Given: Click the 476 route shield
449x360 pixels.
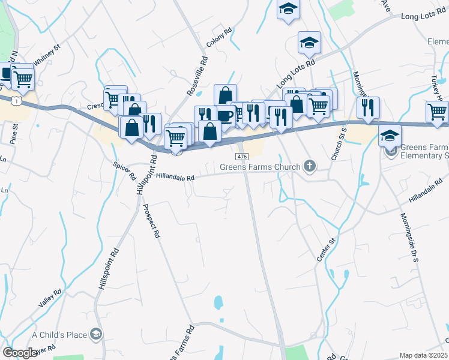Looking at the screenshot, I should [242, 157].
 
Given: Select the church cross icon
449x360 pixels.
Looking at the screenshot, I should [310, 166].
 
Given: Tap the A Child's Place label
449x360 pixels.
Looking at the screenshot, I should [59, 334].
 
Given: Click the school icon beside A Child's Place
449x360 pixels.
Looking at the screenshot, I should [96, 334].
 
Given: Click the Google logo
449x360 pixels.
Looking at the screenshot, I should [20, 353].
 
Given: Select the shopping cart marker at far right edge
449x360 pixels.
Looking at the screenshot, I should [437, 112].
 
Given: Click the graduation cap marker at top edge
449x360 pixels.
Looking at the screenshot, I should [288, 9].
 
